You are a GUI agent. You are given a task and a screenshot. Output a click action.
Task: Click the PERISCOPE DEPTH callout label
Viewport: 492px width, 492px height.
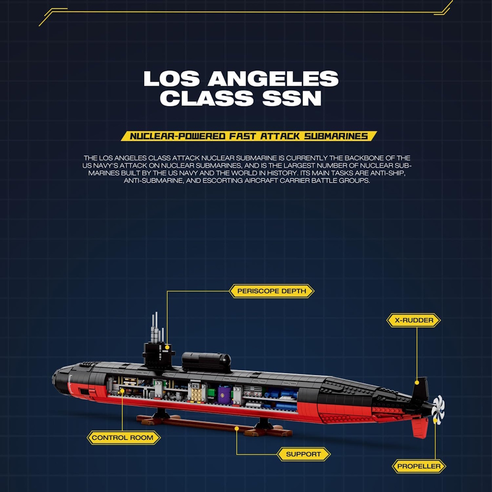coord(272,291)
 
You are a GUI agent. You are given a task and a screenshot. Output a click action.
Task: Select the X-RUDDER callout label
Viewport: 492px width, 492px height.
coord(414,320)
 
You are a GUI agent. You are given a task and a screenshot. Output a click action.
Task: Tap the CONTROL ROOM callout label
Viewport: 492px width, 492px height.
coord(123,438)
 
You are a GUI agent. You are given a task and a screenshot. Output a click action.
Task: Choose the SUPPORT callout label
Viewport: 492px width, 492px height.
coord(304,454)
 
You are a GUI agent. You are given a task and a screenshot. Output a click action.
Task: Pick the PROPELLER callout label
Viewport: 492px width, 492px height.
coord(419,466)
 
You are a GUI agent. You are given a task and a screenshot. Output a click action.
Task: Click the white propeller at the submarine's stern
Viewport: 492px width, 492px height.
coord(438,409)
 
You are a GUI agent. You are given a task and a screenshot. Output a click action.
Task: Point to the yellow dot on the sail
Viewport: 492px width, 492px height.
coord(167,347)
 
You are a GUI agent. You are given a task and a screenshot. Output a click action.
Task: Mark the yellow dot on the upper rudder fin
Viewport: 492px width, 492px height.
coord(417,382)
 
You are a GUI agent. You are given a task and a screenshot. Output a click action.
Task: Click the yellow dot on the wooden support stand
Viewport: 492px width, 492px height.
coord(237,429)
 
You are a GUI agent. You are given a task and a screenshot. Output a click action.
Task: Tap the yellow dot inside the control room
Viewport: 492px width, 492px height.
coord(123,391)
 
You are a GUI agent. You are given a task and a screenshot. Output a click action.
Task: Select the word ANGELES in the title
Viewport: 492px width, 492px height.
coord(273,78)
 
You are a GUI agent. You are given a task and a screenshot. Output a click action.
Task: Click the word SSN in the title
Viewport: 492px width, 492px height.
coord(292,98)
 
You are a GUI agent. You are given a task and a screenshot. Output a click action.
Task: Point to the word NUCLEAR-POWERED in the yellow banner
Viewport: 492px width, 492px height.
coord(178,136)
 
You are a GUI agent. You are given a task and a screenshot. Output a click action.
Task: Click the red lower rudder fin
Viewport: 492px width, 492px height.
coord(420,427)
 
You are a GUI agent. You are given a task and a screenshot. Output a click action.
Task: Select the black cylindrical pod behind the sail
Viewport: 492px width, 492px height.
coord(206,362)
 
